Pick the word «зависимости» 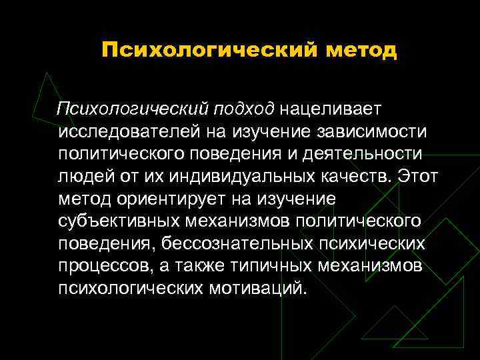[x=355, y=131]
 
